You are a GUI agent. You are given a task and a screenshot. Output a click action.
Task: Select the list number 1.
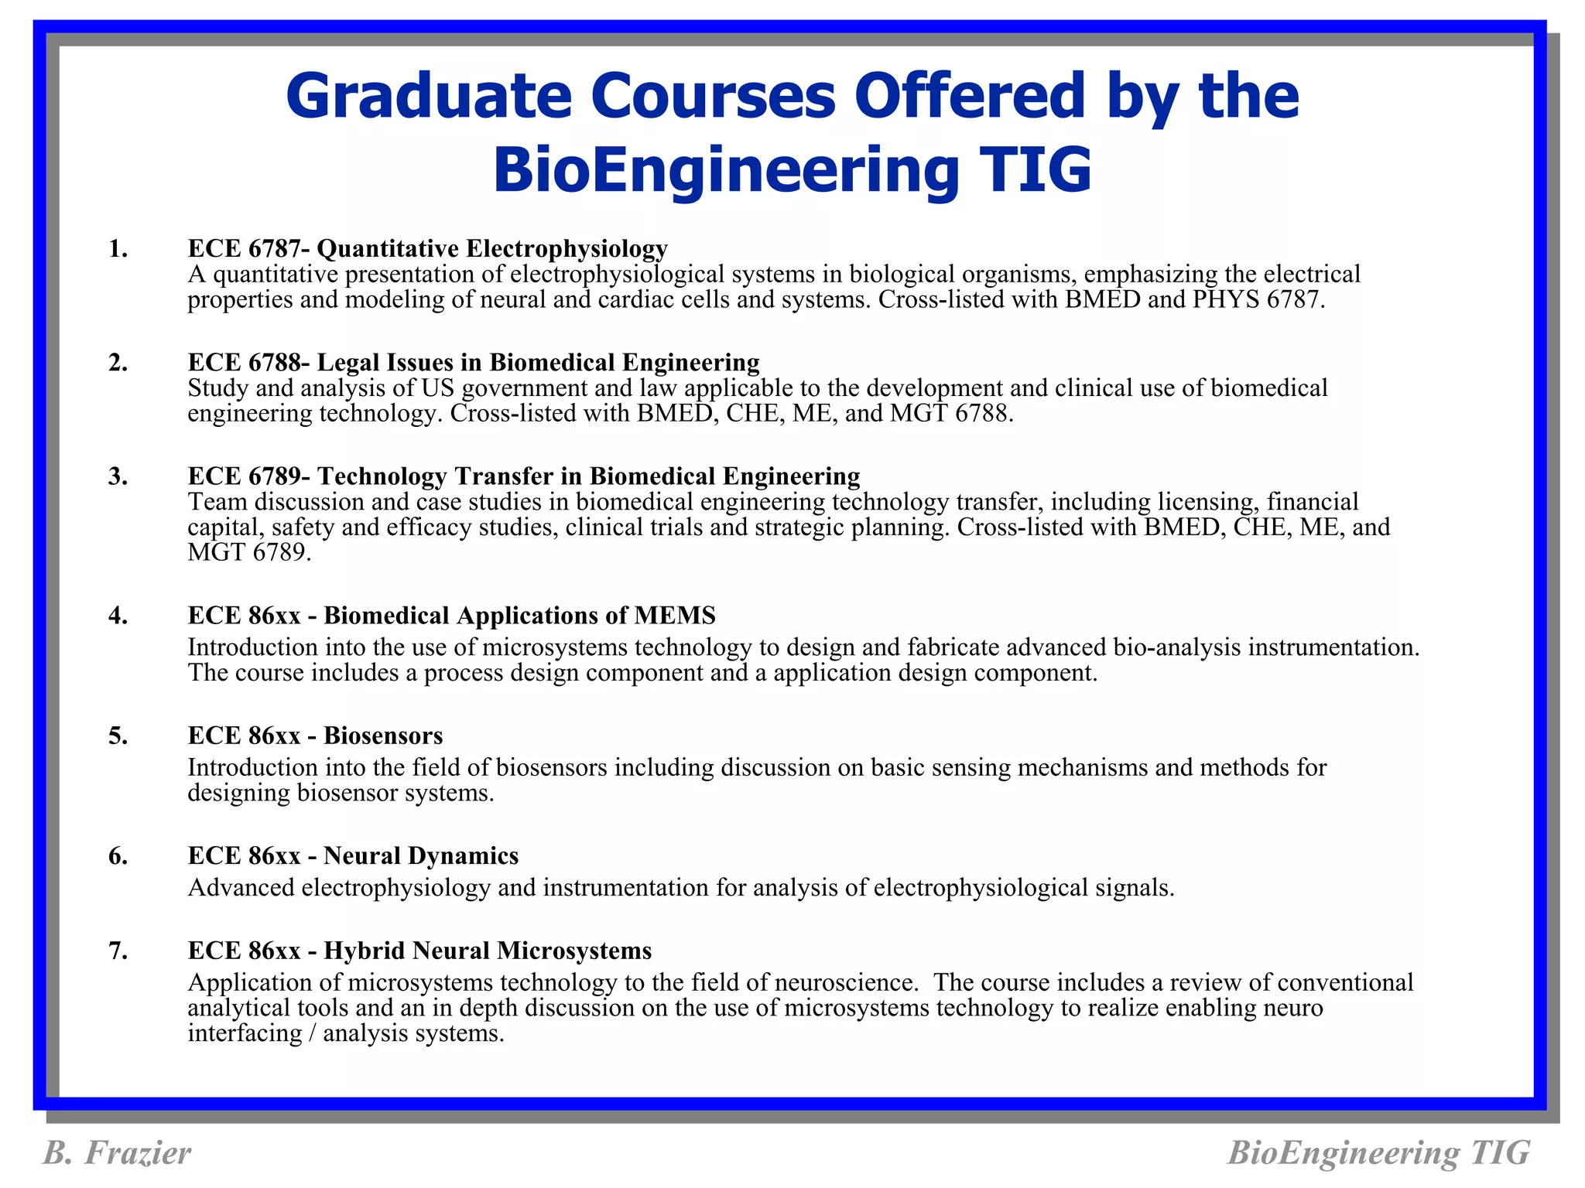point(118,248)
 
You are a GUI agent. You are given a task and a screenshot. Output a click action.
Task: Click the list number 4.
point(118,616)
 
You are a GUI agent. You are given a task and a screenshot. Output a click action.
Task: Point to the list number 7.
point(118,951)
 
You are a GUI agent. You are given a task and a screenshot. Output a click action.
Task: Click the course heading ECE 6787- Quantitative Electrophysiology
point(427,248)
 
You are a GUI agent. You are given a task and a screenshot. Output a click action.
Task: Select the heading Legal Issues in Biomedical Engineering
point(538,362)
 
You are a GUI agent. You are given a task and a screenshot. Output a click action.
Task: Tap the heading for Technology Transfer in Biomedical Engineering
point(588,476)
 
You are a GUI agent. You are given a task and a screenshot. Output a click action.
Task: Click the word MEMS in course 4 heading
point(674,616)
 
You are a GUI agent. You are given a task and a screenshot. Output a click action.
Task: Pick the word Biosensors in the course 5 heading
point(383,736)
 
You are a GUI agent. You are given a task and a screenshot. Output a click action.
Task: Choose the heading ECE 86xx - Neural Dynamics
point(353,855)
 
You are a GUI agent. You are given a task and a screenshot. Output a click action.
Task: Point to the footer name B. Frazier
point(117,1152)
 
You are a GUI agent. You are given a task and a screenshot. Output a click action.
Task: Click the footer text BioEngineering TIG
point(1378,1152)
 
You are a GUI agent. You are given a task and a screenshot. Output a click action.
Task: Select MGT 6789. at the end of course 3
point(249,552)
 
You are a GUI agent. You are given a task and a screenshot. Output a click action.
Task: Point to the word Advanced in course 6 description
point(241,887)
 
